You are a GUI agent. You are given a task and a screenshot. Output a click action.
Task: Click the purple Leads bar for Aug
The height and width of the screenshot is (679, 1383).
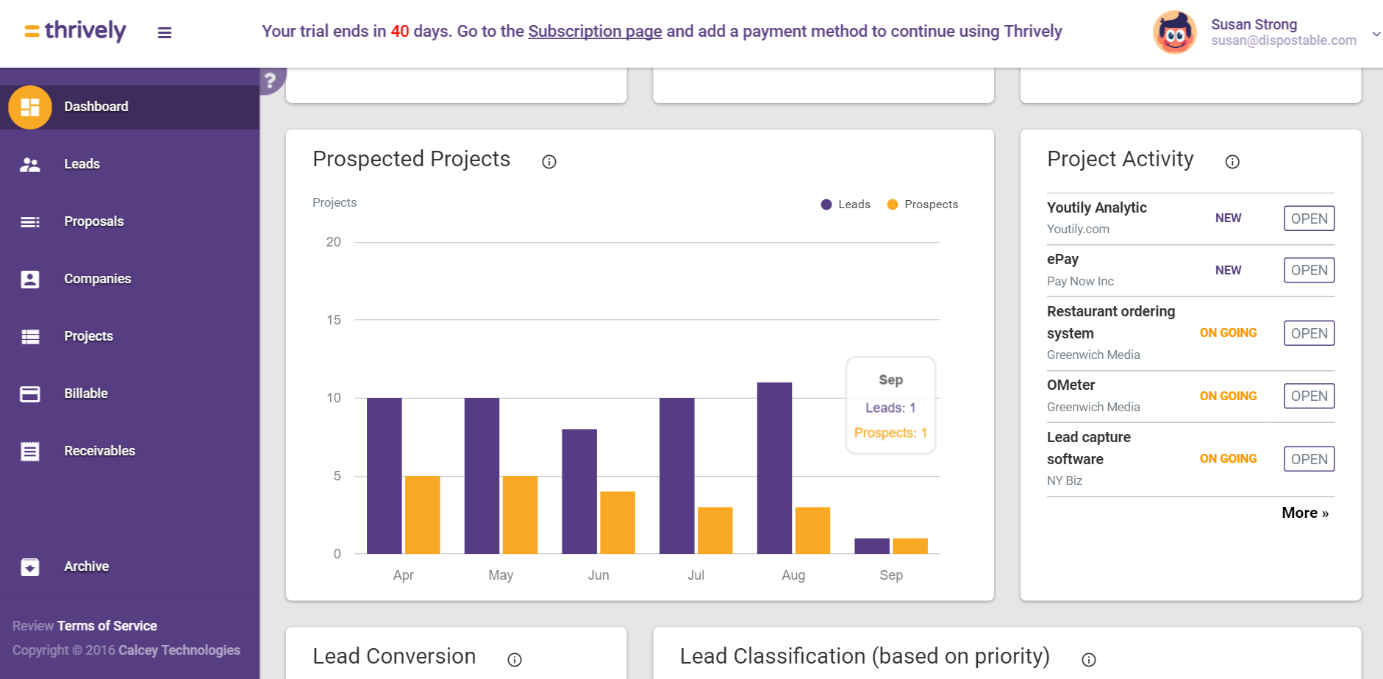click(774, 468)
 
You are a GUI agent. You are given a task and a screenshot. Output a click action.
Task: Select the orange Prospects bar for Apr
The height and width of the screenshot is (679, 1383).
click(422, 515)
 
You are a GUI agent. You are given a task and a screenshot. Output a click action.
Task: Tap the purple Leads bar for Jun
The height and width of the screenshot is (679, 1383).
click(579, 491)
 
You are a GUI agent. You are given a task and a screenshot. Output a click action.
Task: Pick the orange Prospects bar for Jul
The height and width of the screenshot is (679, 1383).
click(715, 530)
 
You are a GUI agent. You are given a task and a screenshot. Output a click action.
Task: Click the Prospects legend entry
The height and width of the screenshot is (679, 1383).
click(923, 205)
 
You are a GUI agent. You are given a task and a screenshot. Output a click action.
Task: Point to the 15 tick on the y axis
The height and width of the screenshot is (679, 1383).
click(334, 320)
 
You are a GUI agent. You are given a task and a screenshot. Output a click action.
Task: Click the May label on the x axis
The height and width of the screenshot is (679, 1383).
click(501, 575)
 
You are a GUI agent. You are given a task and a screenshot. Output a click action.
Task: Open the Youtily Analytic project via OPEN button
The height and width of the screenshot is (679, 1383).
click(1309, 218)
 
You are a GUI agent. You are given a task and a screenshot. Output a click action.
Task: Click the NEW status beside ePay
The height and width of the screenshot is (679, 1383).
click(1228, 270)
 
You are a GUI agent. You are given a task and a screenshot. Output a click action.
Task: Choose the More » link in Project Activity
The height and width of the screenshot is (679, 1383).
click(1305, 513)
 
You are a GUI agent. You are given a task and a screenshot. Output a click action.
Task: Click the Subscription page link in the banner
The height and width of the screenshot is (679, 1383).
click(595, 31)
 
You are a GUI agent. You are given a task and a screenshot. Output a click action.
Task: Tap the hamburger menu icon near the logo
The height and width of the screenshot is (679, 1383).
click(165, 32)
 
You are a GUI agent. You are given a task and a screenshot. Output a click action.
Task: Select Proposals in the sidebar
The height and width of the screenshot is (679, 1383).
click(93, 221)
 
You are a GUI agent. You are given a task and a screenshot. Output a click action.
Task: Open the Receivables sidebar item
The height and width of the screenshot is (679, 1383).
click(99, 451)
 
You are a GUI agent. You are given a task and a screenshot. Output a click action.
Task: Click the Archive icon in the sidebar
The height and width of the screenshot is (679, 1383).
click(30, 566)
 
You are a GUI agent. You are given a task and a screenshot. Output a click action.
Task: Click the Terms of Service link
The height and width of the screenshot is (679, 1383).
click(107, 626)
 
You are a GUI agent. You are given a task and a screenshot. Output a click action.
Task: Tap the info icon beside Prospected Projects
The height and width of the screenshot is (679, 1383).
click(549, 162)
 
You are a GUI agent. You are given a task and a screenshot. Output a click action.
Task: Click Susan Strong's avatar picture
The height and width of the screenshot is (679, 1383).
click(1174, 32)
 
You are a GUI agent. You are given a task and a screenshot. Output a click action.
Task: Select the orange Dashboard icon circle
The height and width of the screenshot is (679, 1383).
click(30, 107)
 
